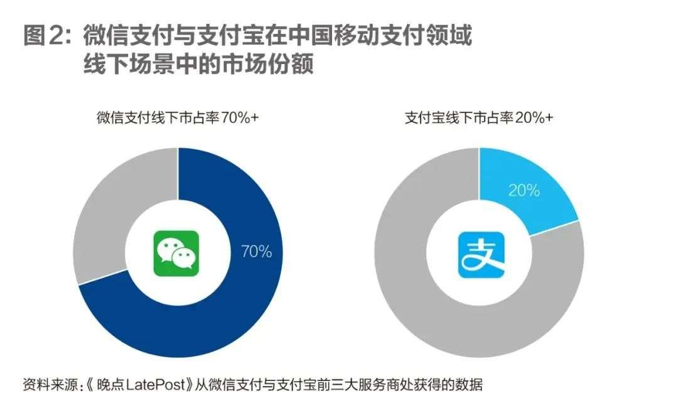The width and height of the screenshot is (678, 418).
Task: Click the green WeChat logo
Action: (176, 254)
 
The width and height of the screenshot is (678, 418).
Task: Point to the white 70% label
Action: (256, 252)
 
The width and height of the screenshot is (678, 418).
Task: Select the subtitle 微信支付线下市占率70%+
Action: (177, 117)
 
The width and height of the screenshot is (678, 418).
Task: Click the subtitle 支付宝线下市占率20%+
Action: (479, 117)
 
